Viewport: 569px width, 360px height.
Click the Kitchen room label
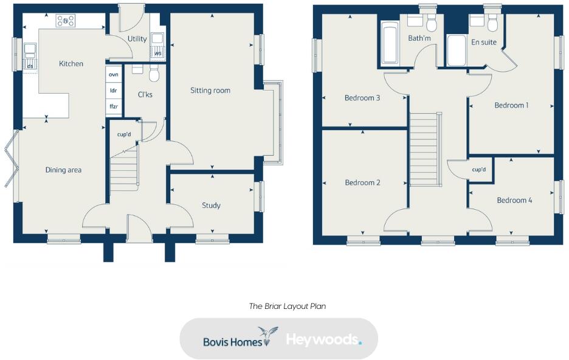click(71, 64)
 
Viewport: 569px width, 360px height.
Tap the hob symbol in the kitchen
click(66, 21)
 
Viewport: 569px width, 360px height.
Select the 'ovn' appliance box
click(114, 74)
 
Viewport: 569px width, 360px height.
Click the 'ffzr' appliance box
click(114, 106)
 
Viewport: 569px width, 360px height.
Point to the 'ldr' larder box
click(114, 90)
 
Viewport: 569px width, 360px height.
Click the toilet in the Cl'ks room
click(153, 74)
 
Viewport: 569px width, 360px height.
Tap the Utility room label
click(137, 39)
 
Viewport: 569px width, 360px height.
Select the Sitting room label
click(210, 91)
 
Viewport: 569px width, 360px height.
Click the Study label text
click(211, 206)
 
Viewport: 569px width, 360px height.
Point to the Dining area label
click(63, 170)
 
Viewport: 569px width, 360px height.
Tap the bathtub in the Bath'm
click(389, 44)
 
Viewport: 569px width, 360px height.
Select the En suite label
click(484, 43)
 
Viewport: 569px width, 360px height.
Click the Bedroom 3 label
click(362, 98)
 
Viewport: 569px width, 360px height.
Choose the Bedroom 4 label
click(514, 200)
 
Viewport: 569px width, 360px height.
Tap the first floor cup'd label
click(479, 169)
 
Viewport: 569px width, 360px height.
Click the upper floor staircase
click(424, 150)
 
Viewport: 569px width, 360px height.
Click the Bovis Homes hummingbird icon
click(267, 334)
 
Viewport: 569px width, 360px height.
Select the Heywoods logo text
click(323, 339)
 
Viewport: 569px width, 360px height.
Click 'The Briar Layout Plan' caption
click(287, 306)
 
